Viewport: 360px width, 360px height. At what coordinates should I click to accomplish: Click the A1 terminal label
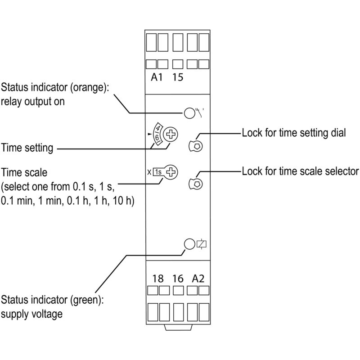click(157, 77)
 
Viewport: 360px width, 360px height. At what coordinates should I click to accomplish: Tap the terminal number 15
click(178, 77)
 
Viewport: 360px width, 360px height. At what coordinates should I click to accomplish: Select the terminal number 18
click(158, 279)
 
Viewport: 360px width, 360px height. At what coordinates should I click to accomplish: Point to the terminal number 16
click(178, 279)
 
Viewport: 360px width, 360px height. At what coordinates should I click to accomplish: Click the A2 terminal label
click(198, 279)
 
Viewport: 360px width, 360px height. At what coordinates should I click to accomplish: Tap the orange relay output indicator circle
click(189, 113)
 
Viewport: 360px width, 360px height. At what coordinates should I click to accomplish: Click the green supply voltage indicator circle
click(189, 244)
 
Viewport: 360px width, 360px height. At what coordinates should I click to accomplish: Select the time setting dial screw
click(171, 134)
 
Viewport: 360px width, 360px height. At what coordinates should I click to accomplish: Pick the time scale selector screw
click(171, 172)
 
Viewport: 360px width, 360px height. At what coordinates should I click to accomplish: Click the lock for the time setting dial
click(196, 146)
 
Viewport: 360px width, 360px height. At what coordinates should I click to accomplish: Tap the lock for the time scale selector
click(196, 184)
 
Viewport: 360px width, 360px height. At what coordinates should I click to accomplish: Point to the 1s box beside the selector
click(158, 172)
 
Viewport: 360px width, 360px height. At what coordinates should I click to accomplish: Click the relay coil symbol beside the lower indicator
click(201, 244)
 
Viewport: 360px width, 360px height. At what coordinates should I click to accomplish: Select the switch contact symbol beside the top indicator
click(199, 112)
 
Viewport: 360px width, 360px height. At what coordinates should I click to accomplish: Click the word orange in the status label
click(88, 88)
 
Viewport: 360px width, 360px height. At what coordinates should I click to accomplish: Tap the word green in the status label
click(85, 300)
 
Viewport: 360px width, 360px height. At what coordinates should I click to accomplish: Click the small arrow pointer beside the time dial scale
click(150, 134)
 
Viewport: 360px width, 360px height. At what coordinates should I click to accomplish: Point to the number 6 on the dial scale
click(157, 138)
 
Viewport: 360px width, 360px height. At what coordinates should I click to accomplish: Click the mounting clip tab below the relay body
click(178, 328)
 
